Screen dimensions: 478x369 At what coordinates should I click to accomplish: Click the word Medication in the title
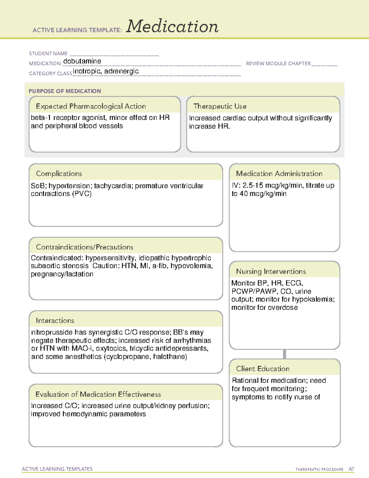click(172, 26)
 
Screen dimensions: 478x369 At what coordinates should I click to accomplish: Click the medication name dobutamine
click(82, 61)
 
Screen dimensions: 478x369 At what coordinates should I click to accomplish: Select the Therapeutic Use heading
click(220, 106)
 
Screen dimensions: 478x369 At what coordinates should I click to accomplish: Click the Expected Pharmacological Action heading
click(91, 106)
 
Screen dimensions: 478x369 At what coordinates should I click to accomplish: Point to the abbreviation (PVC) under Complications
click(82, 194)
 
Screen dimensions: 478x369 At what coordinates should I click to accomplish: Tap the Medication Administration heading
click(279, 174)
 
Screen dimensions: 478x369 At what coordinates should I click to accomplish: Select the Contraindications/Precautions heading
click(85, 247)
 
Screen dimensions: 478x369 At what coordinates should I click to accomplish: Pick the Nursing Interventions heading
click(271, 271)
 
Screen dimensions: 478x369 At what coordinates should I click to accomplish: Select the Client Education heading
click(263, 369)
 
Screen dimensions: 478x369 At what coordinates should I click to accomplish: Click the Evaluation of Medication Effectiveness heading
click(98, 394)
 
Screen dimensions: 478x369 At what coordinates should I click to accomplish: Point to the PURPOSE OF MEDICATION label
click(65, 91)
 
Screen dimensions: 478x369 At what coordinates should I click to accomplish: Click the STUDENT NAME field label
click(48, 54)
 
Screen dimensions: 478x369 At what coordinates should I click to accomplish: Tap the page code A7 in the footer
click(351, 469)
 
